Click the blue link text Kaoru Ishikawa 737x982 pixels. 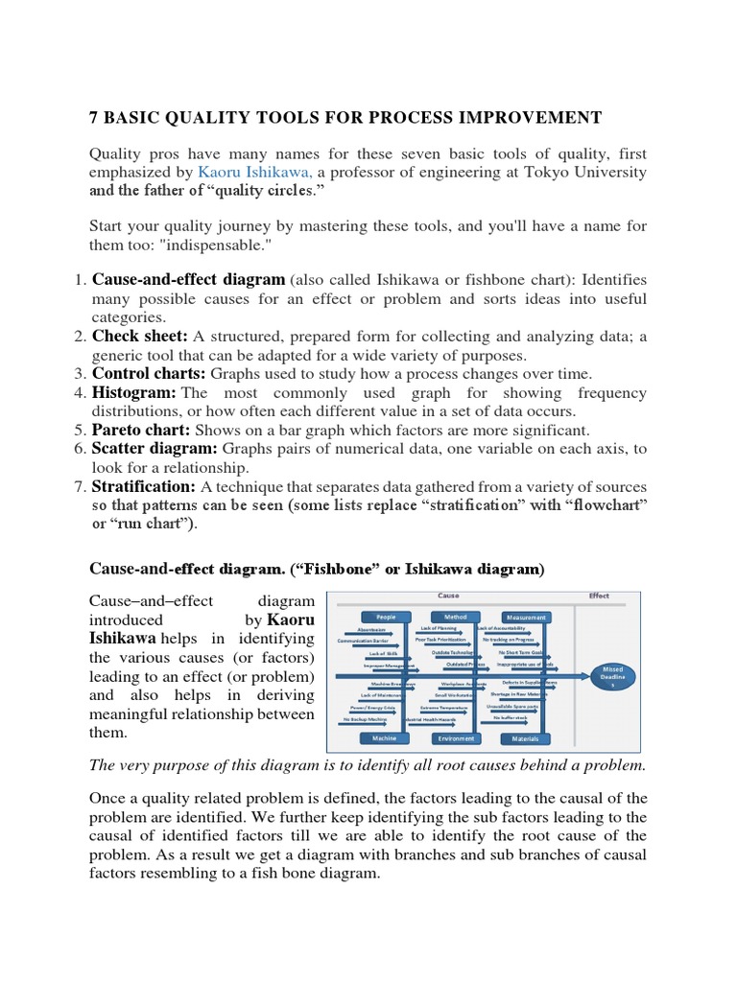coord(254,172)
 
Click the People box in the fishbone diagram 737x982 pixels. coord(386,617)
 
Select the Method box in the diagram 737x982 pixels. coord(455,617)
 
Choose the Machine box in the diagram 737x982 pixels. coord(385,738)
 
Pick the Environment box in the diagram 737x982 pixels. coord(455,738)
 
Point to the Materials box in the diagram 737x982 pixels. coord(526,738)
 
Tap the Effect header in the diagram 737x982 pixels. coord(599,596)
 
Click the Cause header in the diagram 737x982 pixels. coord(447,596)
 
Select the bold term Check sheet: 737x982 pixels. coord(138,336)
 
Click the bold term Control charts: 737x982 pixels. coord(149,373)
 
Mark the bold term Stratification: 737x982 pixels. coord(142,486)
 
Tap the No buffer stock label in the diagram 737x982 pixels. coord(511,717)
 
